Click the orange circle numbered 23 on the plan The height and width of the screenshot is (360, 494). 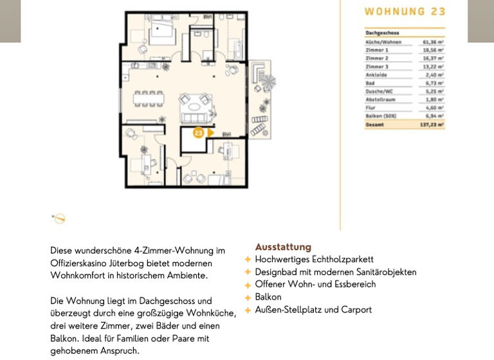click(198, 133)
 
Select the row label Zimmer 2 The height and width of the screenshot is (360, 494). click(377, 58)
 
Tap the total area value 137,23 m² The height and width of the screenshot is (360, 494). click(432, 125)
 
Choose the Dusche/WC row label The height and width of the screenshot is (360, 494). click(380, 91)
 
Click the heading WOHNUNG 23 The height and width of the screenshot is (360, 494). click(405, 12)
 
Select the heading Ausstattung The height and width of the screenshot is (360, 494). click(283, 247)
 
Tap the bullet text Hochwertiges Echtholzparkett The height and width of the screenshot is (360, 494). click(314, 260)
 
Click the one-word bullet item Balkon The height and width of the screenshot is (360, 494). click(268, 297)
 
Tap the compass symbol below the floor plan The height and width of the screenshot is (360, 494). click(59, 219)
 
